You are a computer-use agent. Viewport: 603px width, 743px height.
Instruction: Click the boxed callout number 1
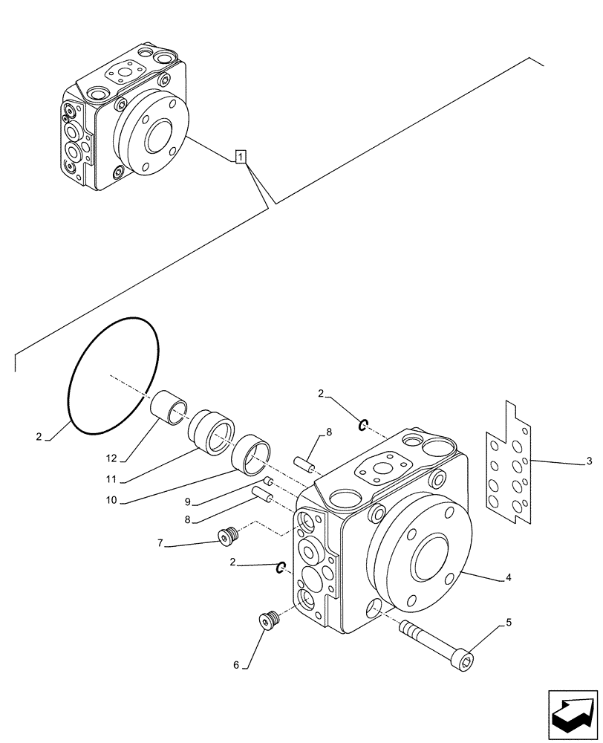click(240, 156)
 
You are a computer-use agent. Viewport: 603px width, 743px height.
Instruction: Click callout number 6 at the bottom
click(236, 666)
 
